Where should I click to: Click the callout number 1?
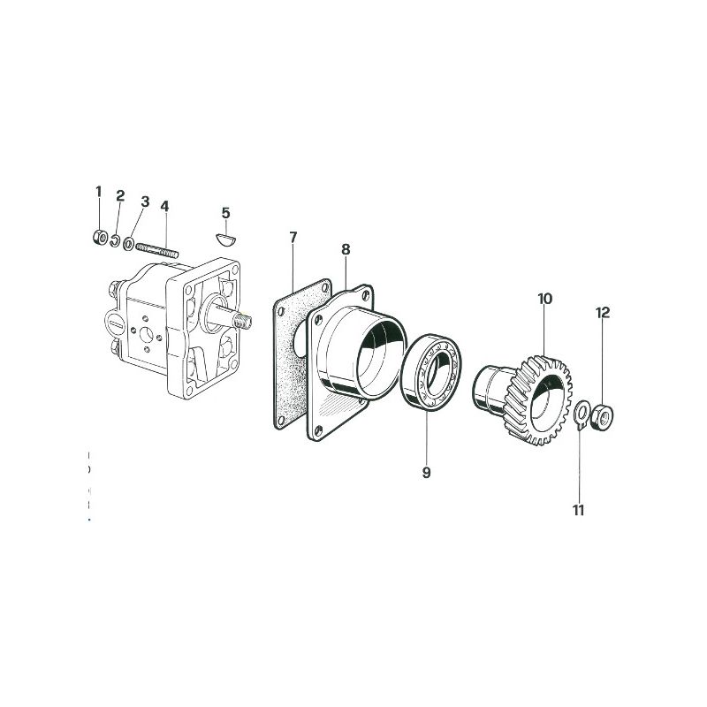click(99, 192)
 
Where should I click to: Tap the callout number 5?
click(226, 213)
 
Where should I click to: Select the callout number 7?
click(293, 237)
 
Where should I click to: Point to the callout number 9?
click(427, 473)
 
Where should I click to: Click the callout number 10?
click(544, 299)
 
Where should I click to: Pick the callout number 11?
click(579, 511)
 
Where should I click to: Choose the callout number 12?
click(603, 313)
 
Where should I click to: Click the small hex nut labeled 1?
click(100, 237)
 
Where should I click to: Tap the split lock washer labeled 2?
click(116, 241)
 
